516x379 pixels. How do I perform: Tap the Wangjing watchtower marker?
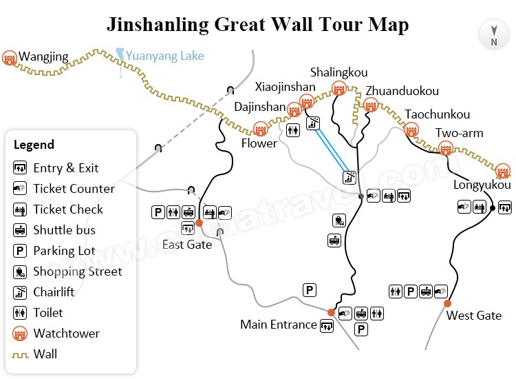10,58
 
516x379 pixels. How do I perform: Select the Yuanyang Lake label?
164,56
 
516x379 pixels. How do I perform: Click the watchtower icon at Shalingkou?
338,88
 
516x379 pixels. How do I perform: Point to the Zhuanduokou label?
402,91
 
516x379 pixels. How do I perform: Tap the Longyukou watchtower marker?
502,170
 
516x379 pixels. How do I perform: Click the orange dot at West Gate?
447,303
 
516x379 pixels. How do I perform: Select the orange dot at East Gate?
199,223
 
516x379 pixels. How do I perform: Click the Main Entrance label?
279,324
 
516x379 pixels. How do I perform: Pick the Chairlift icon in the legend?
20,292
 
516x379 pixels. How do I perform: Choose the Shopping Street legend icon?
20,272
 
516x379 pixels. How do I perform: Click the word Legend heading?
34,145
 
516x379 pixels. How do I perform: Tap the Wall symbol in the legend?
20,354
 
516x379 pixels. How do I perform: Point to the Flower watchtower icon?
260,129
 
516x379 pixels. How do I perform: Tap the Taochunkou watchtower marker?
411,130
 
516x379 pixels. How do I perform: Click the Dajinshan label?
259,107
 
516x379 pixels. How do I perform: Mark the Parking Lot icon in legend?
20,251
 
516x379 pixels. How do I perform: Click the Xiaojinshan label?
285,87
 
